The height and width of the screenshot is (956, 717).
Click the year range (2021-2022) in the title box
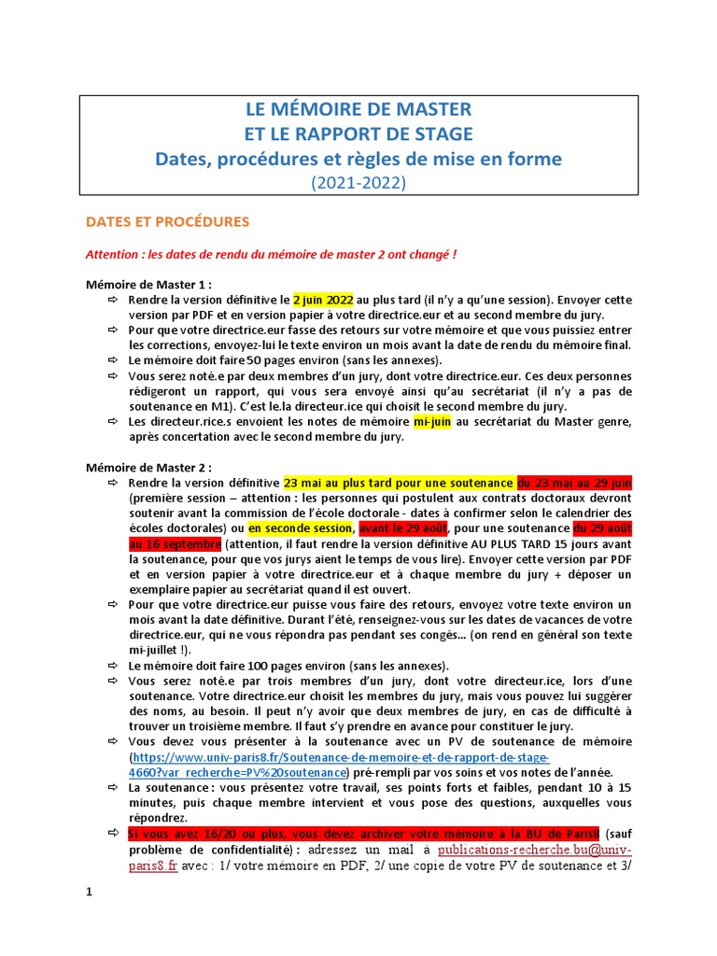tap(358, 183)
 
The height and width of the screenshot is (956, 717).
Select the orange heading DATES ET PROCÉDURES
tap(167, 222)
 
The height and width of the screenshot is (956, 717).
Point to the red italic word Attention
tap(110, 254)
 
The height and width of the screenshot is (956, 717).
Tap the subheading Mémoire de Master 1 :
tap(148, 285)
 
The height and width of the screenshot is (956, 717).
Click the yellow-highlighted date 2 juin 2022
tap(323, 300)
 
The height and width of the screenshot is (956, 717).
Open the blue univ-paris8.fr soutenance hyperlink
tap(342, 756)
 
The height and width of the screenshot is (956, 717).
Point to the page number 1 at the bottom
tap(90, 892)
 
